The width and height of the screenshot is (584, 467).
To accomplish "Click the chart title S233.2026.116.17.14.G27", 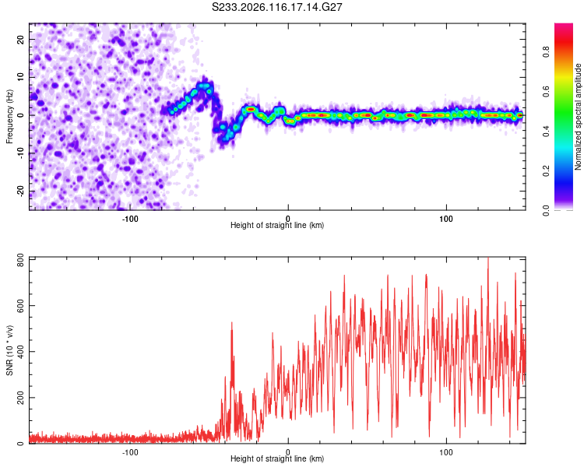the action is point(276,7).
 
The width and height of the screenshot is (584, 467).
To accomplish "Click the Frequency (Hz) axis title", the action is point(9,117).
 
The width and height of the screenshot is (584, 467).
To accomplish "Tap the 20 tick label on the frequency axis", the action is point(20,39).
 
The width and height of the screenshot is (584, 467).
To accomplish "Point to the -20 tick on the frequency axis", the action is point(20,191).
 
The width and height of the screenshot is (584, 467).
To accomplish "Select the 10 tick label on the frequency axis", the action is point(20,77).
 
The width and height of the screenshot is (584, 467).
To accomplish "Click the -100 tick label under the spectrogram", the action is point(129,219).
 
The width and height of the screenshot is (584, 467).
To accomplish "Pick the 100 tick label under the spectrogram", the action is point(446,219).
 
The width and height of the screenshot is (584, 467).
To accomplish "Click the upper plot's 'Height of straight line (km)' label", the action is point(277,225).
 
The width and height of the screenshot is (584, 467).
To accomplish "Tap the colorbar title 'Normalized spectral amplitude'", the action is point(578,117).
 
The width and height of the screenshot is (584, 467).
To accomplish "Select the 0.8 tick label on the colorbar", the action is point(547,52).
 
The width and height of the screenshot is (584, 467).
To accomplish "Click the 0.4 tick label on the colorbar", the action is point(547,131).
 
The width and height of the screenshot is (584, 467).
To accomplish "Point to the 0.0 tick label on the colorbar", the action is point(547,210).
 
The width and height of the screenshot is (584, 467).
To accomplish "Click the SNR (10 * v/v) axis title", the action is point(9,350).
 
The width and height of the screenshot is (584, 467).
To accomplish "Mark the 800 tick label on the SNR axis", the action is point(20,260).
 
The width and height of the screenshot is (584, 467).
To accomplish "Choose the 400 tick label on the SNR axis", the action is point(20,352).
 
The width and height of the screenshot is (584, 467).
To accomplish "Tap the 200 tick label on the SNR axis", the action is point(20,398).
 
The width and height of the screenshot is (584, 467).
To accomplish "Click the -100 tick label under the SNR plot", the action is point(129,452).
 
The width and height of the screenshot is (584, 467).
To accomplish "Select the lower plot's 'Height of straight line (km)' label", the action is point(277,458).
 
